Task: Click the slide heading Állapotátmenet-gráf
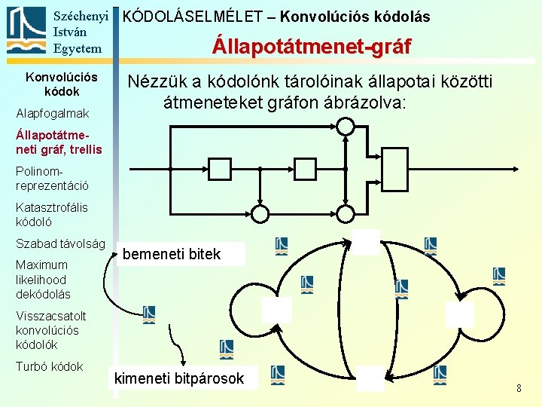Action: (311, 47)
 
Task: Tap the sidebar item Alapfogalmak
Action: (53, 113)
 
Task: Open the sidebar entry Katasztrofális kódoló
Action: (52, 214)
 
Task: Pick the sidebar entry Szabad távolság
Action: (60, 243)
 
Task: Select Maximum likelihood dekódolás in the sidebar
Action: (43, 279)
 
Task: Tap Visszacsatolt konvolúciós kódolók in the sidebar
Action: (51, 330)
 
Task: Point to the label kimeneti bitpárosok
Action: (179, 378)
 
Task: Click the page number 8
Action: (519, 388)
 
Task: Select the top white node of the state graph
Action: (367, 242)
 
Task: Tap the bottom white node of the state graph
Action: (370, 378)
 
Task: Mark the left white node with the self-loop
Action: (276, 310)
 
